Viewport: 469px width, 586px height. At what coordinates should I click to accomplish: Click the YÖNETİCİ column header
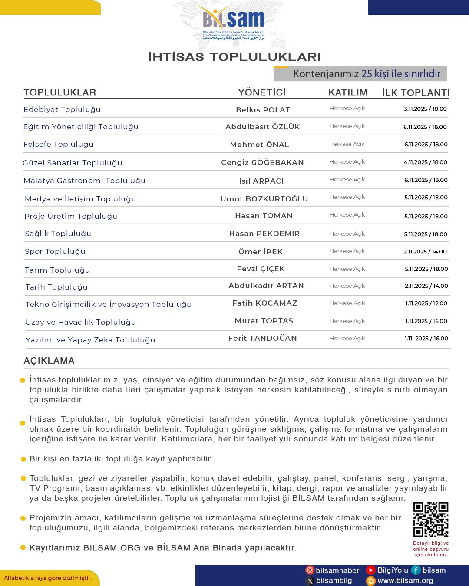click(x=262, y=92)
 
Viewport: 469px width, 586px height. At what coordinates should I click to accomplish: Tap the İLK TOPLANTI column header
click(x=416, y=93)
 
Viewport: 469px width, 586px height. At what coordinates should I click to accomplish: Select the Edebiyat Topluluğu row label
click(x=62, y=109)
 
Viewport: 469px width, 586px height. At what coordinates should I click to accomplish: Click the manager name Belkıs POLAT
click(x=263, y=110)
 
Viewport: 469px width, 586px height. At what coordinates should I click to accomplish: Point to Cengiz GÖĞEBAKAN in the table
click(x=262, y=162)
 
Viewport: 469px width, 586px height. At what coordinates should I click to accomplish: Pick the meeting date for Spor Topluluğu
click(x=425, y=252)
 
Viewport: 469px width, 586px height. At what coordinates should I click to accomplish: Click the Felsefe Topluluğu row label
click(x=59, y=144)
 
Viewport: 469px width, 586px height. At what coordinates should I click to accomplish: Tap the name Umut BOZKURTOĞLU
click(x=264, y=199)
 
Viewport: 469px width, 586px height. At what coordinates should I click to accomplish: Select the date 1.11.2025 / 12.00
click(x=426, y=303)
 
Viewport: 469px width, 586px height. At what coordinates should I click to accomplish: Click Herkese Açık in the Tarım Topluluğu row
click(x=347, y=269)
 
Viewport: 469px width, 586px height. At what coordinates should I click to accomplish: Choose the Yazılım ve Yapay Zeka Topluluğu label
click(x=90, y=340)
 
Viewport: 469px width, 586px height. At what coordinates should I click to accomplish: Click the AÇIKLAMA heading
click(x=49, y=361)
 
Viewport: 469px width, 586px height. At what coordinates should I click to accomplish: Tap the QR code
click(x=430, y=519)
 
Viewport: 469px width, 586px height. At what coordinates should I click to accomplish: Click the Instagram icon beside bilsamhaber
click(x=310, y=570)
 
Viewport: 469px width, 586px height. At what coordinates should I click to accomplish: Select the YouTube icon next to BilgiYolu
click(x=371, y=570)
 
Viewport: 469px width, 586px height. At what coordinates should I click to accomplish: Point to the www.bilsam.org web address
click(x=405, y=581)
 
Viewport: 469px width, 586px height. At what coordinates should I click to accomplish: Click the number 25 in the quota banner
click(x=367, y=74)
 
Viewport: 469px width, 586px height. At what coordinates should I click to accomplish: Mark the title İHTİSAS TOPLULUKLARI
click(x=234, y=57)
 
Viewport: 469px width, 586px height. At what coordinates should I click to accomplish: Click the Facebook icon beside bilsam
click(x=416, y=570)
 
